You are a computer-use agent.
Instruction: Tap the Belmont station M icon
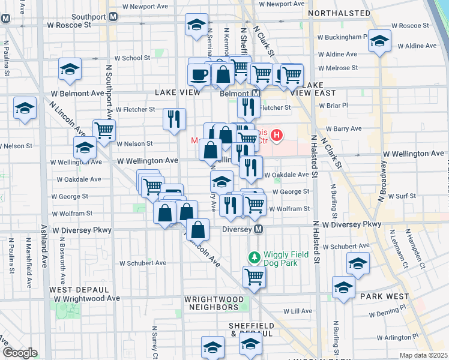click(x=256, y=94)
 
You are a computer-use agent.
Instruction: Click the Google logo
click(x=19, y=353)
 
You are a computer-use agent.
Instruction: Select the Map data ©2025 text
click(x=424, y=355)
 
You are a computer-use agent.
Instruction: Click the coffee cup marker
click(x=199, y=74)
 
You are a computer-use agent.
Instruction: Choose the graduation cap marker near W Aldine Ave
click(x=379, y=41)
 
